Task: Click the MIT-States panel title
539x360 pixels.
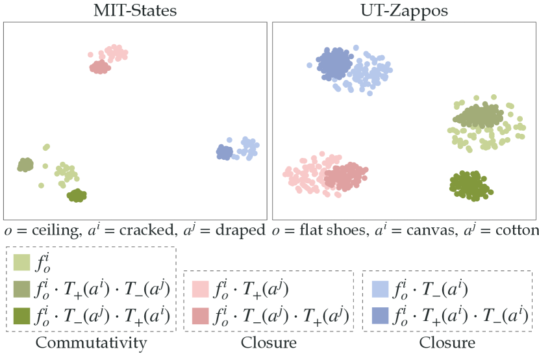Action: pyautogui.click(x=135, y=10)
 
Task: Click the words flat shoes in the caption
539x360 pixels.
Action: pyautogui.click(x=321, y=230)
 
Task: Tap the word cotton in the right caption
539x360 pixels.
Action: pyautogui.click(x=516, y=230)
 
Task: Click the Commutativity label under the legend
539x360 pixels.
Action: pyautogui.click(x=91, y=342)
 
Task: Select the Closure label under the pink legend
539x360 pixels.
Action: pyautogui.click(x=268, y=342)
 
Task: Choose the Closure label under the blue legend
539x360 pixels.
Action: pyautogui.click(x=446, y=342)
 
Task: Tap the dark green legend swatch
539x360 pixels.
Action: pyautogui.click(x=21, y=316)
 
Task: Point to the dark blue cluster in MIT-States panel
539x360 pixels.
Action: pyautogui.click(x=224, y=152)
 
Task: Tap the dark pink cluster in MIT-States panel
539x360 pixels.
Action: pyautogui.click(x=99, y=67)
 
